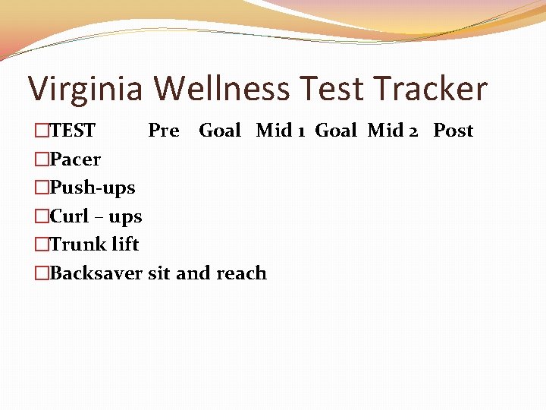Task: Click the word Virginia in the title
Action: (85, 90)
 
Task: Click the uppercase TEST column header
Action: (73, 131)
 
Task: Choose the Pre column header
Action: (163, 131)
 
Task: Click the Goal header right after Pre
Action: (219, 131)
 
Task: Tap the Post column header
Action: (453, 131)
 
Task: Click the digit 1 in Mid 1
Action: (302, 131)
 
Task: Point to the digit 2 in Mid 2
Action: (413, 131)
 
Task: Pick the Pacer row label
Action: (75, 159)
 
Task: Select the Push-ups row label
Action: (92, 188)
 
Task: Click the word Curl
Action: (69, 216)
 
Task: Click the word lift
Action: (125, 244)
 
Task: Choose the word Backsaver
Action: (96, 273)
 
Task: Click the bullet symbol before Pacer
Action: (41, 159)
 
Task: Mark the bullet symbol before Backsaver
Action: (41, 273)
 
